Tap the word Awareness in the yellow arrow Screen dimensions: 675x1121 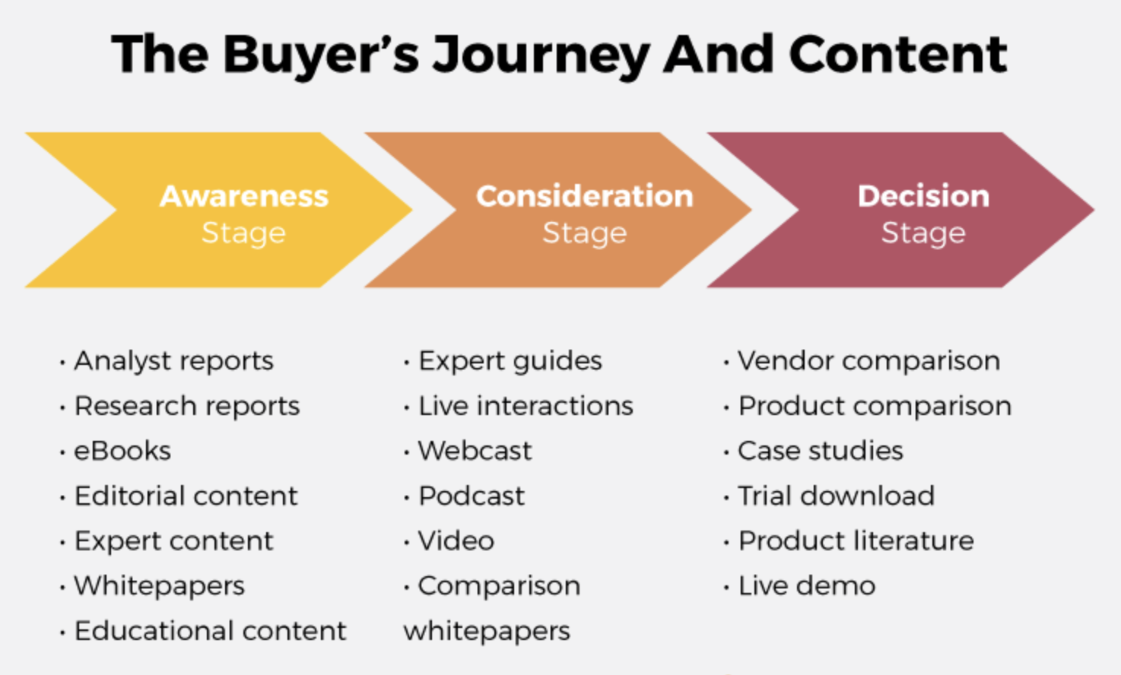point(243,196)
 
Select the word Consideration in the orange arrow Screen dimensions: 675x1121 point(584,196)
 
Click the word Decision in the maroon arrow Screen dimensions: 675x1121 point(923,196)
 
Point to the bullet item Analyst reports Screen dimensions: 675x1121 point(173,361)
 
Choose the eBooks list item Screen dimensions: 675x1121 point(122,451)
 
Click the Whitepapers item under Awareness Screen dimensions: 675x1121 point(159,586)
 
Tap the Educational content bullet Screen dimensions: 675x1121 point(210,631)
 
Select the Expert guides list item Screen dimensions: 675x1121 point(510,361)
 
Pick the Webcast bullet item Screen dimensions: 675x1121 point(475,451)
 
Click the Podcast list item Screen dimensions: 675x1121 point(472,496)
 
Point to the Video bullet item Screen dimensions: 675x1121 point(456,541)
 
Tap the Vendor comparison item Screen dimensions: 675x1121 point(869,361)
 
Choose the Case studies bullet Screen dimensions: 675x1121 point(821,451)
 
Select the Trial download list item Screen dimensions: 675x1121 point(836,496)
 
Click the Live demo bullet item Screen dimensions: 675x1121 point(807,586)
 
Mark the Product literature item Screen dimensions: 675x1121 point(856,541)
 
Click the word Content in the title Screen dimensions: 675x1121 point(897,55)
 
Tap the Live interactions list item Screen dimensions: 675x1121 point(526,406)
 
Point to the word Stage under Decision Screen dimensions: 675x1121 point(923,233)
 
